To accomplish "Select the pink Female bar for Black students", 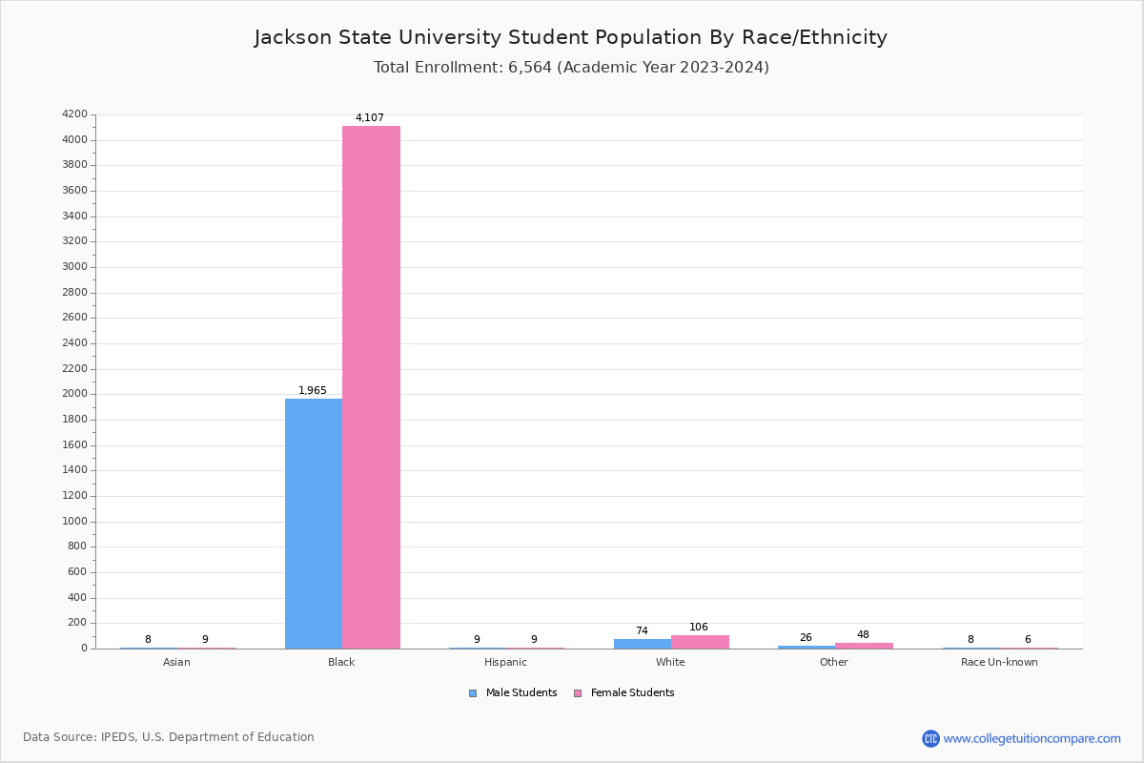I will (371, 386).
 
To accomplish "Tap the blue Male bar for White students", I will (643, 644).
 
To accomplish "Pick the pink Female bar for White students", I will (700, 642).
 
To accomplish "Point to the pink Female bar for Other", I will (864, 646).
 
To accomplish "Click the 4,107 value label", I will (370, 118).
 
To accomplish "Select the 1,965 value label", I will (313, 391).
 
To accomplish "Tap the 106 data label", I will (699, 628).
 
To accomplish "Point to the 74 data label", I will (642, 631).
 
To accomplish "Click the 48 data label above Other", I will (863, 635).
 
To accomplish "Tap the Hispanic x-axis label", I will (505, 663).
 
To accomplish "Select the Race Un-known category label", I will (999, 663).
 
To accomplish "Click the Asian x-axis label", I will (176, 663).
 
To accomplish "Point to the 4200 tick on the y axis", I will (74, 114).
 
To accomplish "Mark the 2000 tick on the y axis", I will (74, 394).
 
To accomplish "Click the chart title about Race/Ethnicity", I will (571, 38).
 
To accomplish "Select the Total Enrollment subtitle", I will (571, 68).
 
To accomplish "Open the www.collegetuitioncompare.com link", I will (1032, 738).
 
